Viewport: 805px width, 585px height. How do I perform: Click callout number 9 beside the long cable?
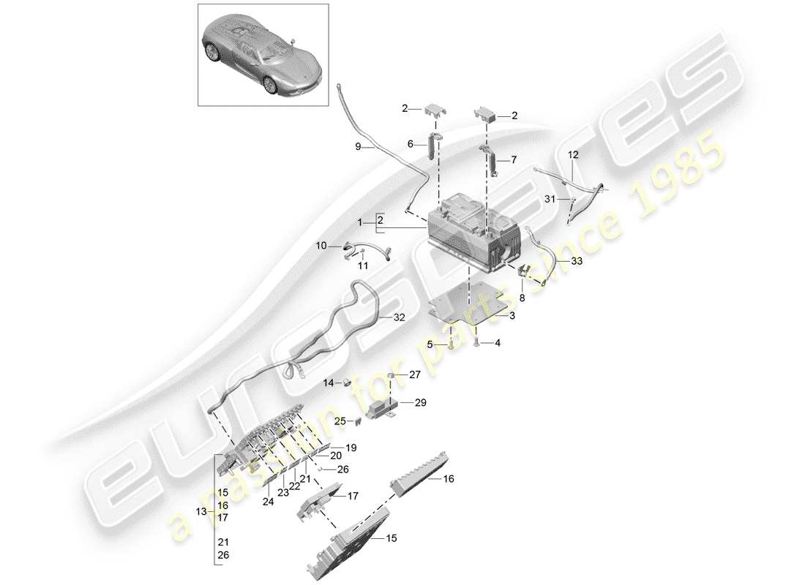click(x=359, y=147)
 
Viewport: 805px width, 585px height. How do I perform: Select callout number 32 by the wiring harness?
click(x=399, y=318)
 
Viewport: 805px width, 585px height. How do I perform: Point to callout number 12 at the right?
click(x=572, y=154)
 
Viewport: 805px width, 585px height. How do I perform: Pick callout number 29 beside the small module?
click(x=420, y=402)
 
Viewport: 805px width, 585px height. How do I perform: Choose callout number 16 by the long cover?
click(x=448, y=478)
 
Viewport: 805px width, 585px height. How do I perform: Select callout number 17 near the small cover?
click(x=353, y=495)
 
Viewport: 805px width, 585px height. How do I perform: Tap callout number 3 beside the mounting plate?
click(x=513, y=316)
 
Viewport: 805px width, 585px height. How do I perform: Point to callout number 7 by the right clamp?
click(x=512, y=159)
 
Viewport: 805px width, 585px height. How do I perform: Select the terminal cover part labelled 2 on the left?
click(x=433, y=111)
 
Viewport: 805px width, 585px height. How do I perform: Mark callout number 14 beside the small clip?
click(x=329, y=382)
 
